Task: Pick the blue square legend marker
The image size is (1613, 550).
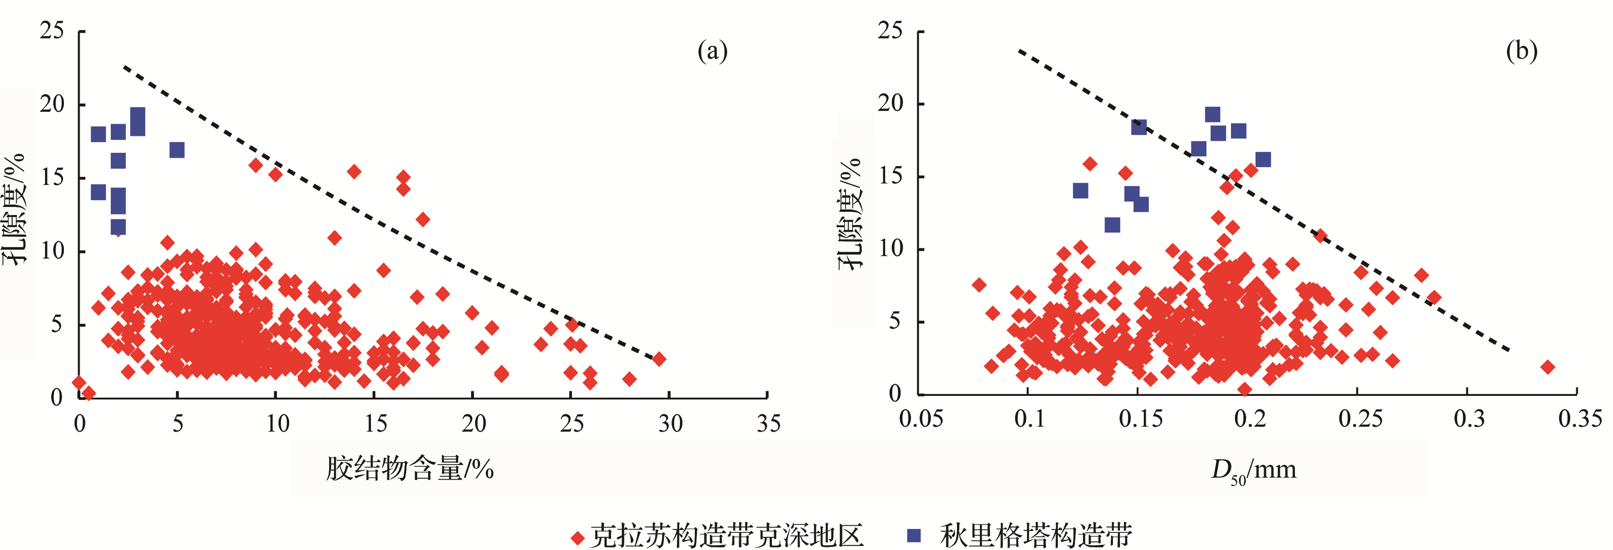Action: [914, 535]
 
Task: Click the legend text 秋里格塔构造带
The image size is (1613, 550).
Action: [1036, 535]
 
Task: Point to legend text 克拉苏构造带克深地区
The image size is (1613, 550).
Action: [727, 535]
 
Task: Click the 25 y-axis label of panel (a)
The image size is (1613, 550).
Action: [52, 30]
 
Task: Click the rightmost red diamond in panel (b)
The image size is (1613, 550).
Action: [1547, 367]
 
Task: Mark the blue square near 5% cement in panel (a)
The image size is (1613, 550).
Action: [177, 150]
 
